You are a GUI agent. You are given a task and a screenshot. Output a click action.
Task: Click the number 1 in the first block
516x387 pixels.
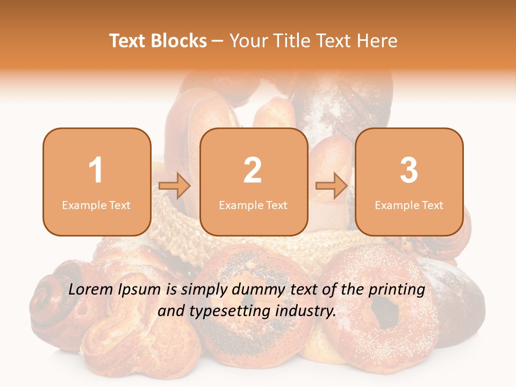tap(96, 170)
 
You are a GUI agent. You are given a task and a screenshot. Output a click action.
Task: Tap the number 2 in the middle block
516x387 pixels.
tap(253, 170)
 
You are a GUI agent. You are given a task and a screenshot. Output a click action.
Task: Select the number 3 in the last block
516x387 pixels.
tap(409, 170)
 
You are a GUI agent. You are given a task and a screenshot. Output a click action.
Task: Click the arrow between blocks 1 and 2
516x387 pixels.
tap(175, 187)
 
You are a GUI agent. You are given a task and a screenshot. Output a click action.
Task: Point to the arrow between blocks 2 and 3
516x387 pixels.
tap(332, 187)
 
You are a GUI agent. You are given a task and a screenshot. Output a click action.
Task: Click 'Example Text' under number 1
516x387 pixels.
tap(96, 205)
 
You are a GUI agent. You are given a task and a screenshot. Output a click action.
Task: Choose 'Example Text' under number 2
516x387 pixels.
tap(253, 205)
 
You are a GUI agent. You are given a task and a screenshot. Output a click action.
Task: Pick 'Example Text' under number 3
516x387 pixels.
tap(409, 205)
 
